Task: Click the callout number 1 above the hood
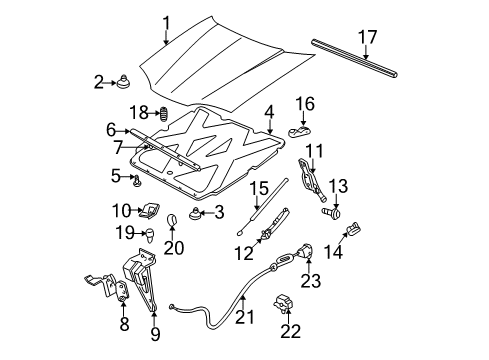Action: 167,21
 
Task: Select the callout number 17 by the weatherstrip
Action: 367,38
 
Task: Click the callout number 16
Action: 305,103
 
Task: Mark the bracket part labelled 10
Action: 152,210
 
